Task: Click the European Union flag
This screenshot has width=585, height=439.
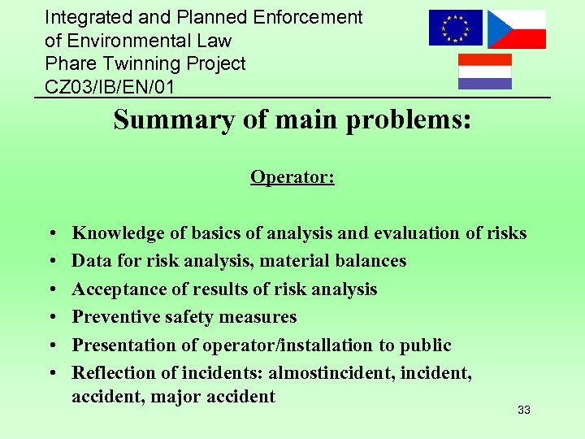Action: click(456, 28)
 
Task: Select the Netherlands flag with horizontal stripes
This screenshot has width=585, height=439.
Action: click(485, 72)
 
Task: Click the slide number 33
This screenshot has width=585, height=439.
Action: click(524, 411)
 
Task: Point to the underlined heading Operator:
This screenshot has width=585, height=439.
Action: click(292, 177)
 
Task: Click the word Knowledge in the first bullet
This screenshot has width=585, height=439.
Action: click(118, 233)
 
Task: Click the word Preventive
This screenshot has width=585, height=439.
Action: click(112, 317)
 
